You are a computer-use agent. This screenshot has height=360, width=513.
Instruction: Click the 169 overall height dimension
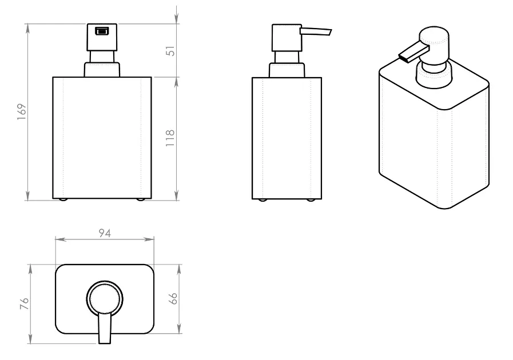(22, 112)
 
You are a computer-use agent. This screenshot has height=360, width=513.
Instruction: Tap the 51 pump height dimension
(171, 51)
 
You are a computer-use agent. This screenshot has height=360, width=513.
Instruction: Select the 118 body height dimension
(170, 138)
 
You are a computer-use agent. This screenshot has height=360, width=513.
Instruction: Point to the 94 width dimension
(105, 233)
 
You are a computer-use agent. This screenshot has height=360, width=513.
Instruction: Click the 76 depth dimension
(25, 304)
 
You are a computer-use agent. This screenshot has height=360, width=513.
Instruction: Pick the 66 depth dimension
(173, 298)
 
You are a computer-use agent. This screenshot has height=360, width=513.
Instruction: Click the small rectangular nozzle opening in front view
(102, 31)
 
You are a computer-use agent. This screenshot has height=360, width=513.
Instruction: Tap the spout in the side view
(316, 31)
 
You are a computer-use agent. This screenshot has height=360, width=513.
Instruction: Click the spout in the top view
(105, 328)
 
